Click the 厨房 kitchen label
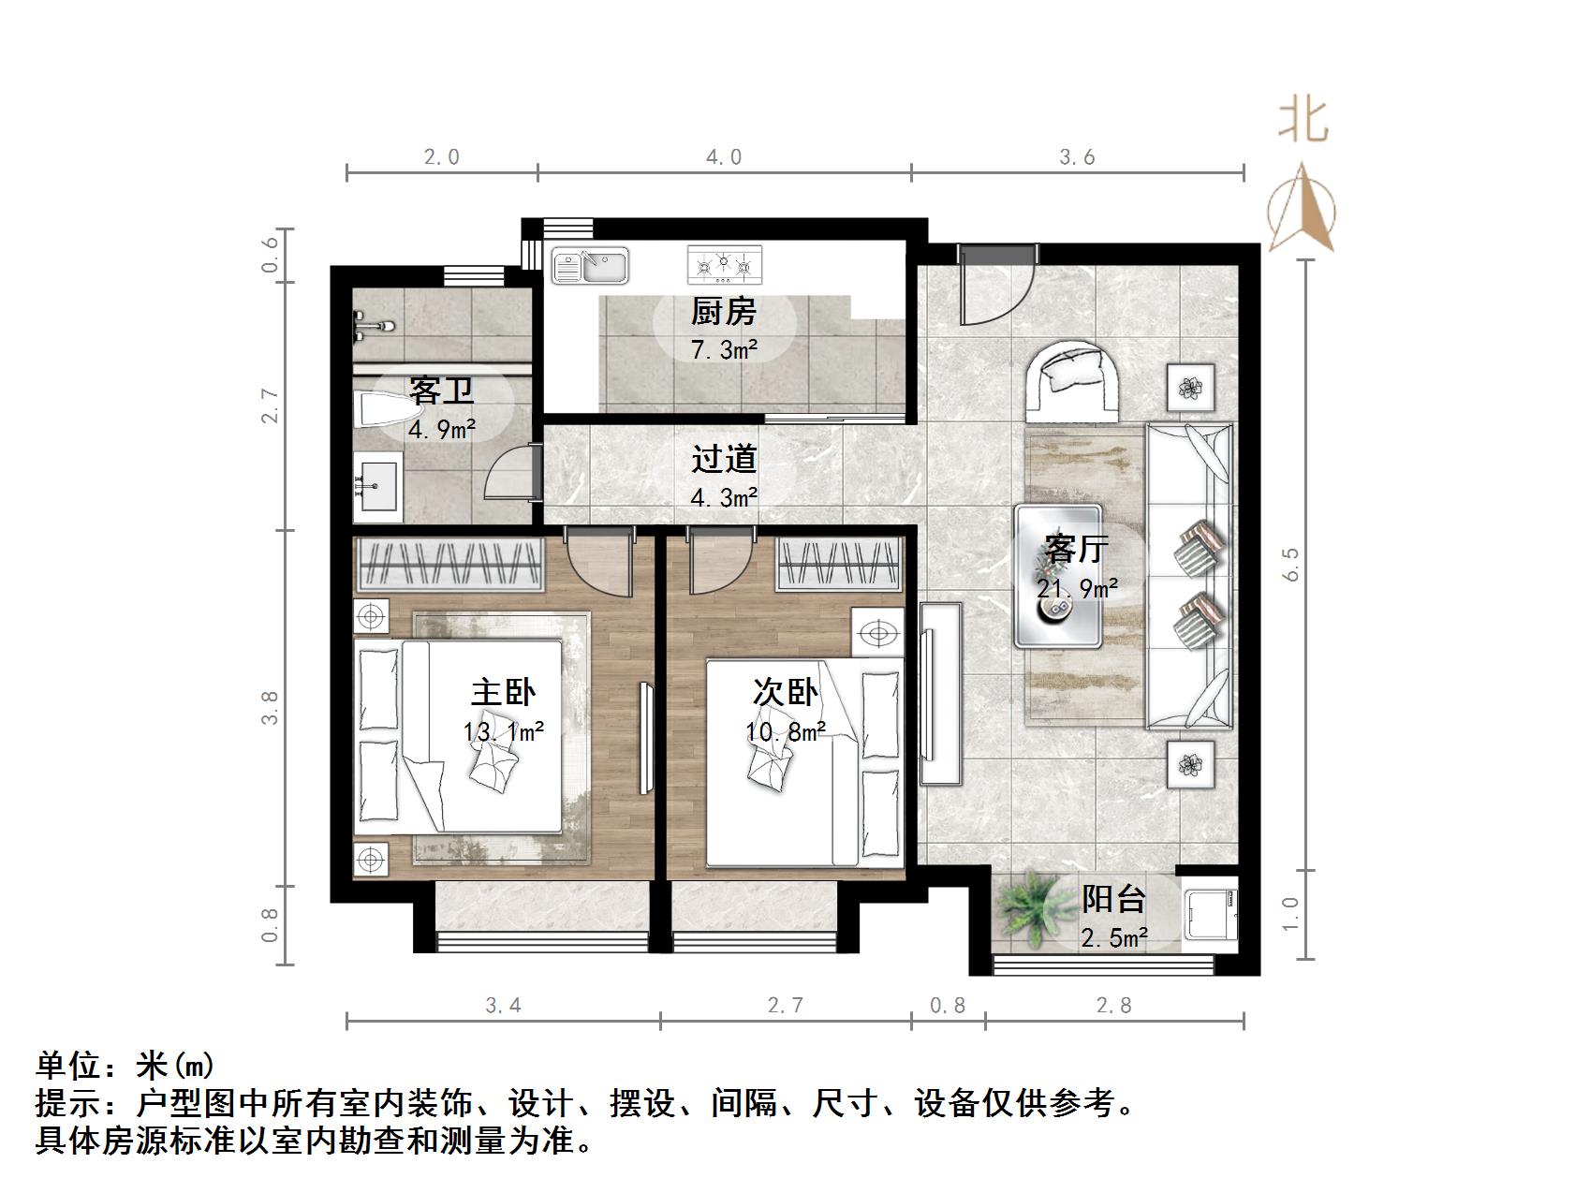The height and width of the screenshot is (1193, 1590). (723, 311)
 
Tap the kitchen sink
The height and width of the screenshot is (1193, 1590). (590, 266)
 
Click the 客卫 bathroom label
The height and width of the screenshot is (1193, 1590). (441, 390)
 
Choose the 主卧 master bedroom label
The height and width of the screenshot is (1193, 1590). (503, 692)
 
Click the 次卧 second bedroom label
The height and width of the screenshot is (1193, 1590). (786, 692)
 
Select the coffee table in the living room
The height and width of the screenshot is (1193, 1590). (1058, 577)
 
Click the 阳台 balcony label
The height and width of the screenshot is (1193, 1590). (1113, 899)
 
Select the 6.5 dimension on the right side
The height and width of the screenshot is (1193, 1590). (1292, 565)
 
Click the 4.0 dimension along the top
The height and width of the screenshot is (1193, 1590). (723, 157)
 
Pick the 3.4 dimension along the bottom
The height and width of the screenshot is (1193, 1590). (503, 1006)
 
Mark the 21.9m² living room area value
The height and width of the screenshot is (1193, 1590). (1077, 588)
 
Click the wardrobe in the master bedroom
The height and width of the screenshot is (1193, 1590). (449, 564)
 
